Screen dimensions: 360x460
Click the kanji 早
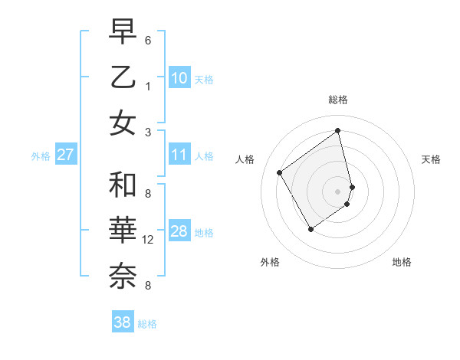click(123, 33)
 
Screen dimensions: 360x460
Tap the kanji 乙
click(123, 77)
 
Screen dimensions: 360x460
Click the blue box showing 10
click(179, 78)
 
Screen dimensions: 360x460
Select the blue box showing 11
click(179, 155)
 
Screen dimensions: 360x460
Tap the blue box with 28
click(179, 231)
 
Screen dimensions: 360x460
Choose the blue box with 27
click(65, 155)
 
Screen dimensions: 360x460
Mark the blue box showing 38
click(122, 322)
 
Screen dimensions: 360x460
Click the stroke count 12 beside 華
click(149, 240)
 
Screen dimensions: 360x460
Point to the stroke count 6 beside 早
click(147, 40)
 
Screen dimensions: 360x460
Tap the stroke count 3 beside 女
click(147, 132)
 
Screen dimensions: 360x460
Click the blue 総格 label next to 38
click(147, 324)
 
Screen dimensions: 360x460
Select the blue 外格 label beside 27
click(41, 156)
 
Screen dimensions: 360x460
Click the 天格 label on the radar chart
click(431, 159)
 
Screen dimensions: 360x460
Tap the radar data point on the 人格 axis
click(280, 172)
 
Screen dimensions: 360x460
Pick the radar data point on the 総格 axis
click(338, 130)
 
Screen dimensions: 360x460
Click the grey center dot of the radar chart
click(338, 190)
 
